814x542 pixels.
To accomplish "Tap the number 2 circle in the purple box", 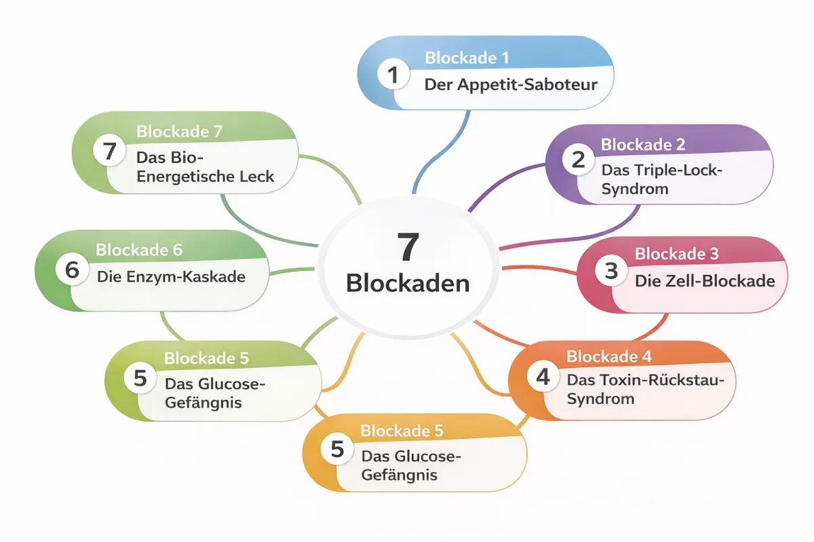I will [x=578, y=161].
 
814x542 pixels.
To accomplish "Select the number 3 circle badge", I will [x=611, y=271].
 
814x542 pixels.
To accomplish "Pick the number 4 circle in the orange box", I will [x=543, y=376].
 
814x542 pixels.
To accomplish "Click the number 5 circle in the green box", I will [x=140, y=378].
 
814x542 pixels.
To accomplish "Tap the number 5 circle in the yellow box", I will [x=337, y=449].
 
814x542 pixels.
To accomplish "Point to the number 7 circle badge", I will [x=110, y=150].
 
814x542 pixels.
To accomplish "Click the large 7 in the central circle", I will [x=408, y=248].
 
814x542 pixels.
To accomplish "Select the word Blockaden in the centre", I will [x=408, y=283].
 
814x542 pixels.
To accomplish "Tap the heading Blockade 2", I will [x=642, y=144].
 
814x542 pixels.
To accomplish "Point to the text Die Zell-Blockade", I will [x=704, y=280].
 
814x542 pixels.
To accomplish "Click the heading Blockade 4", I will [x=608, y=356].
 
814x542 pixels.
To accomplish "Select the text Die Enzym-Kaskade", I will [x=171, y=276].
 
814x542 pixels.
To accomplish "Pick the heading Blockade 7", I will [x=179, y=131].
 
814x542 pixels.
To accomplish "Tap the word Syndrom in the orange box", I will [x=600, y=398].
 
